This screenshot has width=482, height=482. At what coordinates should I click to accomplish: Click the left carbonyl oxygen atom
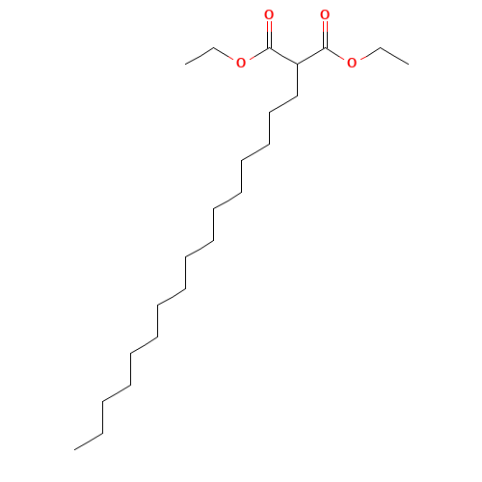coord(269,16)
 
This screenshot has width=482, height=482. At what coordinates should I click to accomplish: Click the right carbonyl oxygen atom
coord(325,16)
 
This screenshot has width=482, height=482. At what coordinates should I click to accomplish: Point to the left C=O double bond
coord(269,33)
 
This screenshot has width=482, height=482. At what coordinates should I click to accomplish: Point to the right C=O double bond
coord(325,33)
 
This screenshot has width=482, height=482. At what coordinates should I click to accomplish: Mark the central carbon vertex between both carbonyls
coord(297,64)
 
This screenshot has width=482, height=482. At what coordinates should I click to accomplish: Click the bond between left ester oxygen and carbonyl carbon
coord(256,55)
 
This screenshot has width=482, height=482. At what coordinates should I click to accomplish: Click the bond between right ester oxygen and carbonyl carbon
coord(337,55)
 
